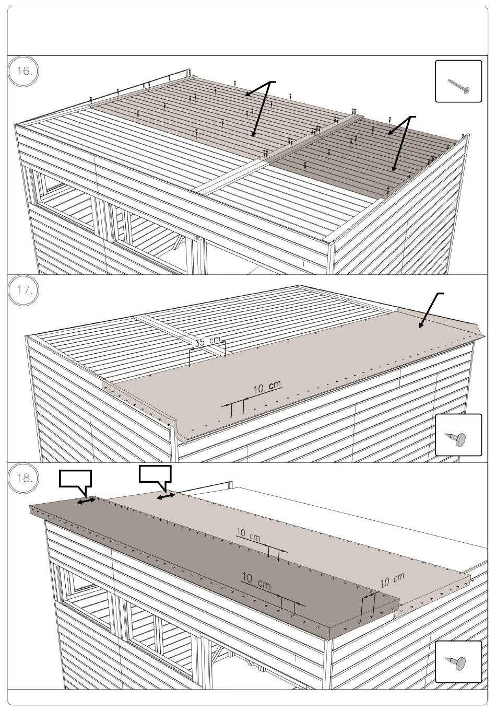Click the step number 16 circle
pos(23,72)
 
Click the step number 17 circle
pos(23,290)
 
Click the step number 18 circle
pos(23,478)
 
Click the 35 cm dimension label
pos(207,341)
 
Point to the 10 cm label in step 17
pos(267,387)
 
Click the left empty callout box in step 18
pos(76,479)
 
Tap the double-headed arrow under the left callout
pos(86,501)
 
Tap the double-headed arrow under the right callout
pos(166,496)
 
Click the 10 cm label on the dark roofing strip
pos(256,580)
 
